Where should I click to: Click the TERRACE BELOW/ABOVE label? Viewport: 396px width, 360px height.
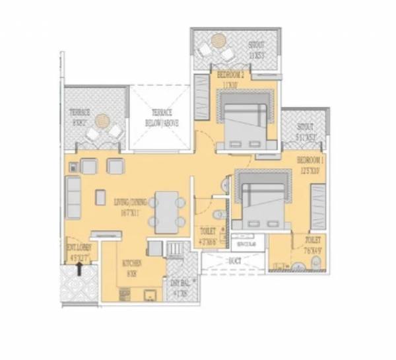pyautogui.click(x=162, y=118)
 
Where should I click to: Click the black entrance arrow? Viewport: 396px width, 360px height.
pyautogui.click(x=80, y=266)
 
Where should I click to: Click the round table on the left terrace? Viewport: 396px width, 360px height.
pyautogui.click(x=102, y=121)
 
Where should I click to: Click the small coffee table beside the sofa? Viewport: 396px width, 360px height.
pyautogui.click(x=101, y=197)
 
